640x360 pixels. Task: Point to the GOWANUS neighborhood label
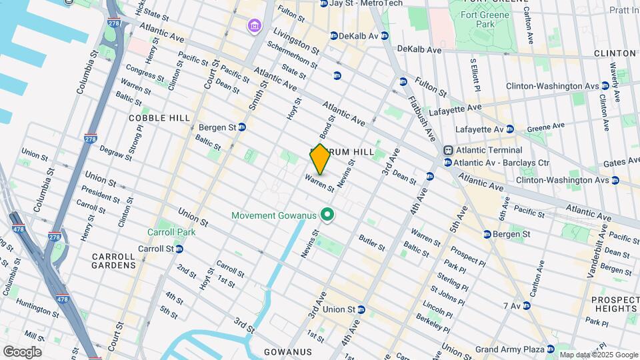(x=288, y=351)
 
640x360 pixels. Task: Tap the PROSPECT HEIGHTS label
(x=614, y=304)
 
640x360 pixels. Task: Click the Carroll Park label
(x=163, y=233)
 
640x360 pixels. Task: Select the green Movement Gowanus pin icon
(x=327, y=215)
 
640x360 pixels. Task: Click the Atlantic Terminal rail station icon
(x=449, y=151)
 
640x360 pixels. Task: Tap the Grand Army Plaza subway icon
(x=550, y=349)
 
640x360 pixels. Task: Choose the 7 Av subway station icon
(x=526, y=306)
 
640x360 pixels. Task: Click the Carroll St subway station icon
(x=179, y=249)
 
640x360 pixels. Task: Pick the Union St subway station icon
(x=361, y=309)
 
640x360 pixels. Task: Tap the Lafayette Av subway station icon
(x=509, y=129)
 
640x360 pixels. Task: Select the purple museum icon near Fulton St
(x=253, y=26)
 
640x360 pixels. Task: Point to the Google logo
(x=22, y=352)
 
